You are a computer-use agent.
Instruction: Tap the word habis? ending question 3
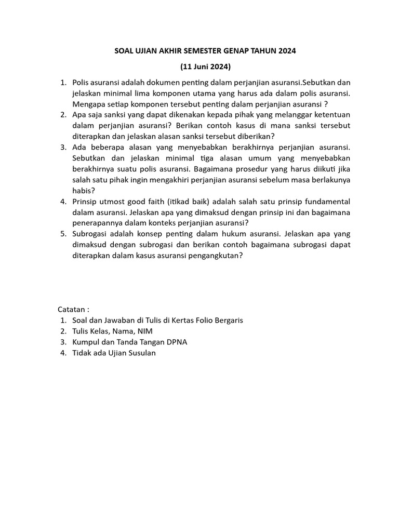[x=84, y=191]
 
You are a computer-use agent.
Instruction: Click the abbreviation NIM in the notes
[x=145, y=331]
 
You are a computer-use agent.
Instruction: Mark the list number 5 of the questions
[x=62, y=234]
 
